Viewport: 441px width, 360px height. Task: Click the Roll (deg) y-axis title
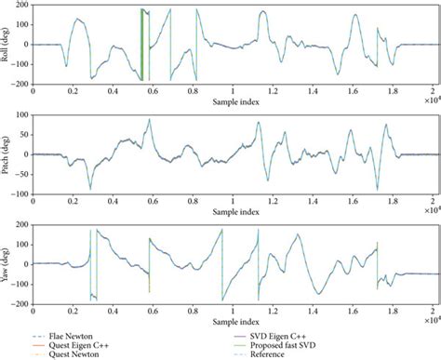point(7,44)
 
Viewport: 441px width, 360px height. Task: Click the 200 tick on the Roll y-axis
point(20,7)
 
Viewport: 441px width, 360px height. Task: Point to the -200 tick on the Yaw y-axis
point(19,304)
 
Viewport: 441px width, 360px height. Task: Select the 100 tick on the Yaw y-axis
point(20,244)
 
